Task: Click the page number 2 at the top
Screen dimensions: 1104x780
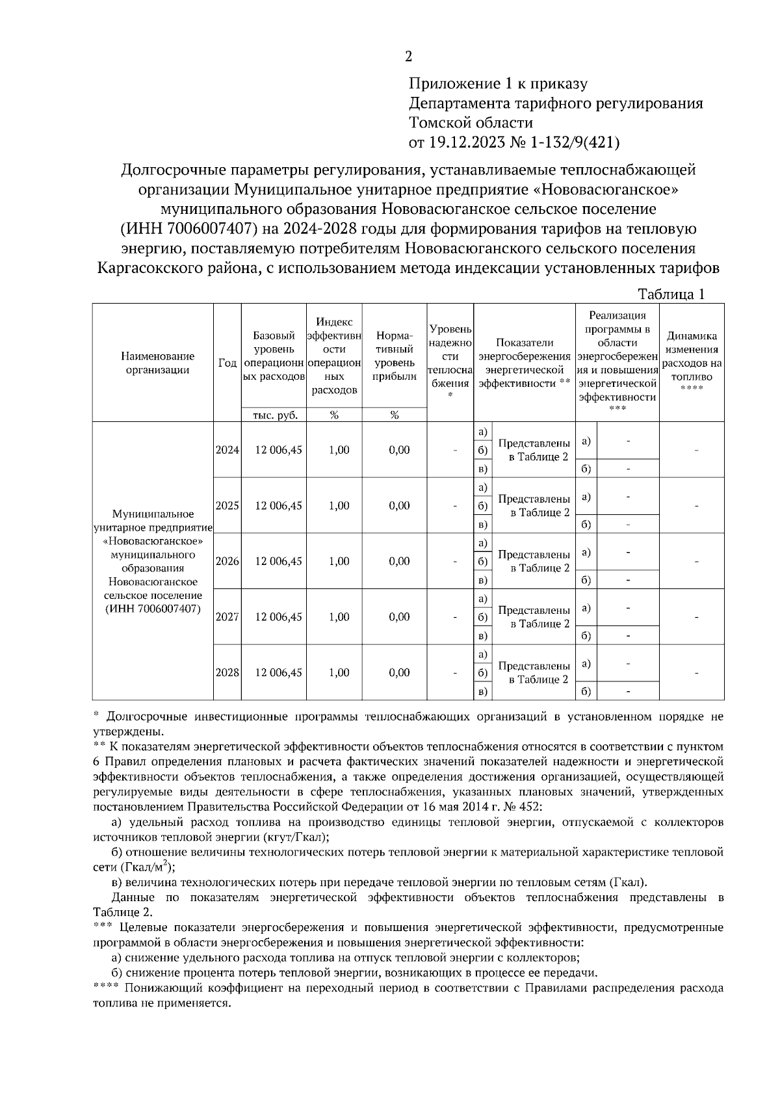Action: click(408, 57)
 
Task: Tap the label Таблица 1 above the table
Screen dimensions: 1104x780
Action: click(671, 295)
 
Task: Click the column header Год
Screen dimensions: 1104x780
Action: click(227, 363)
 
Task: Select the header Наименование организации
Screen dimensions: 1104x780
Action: click(157, 363)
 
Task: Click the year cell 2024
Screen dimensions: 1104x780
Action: click(227, 450)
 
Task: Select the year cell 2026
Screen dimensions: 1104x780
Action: click(227, 561)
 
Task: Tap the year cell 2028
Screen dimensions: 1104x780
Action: click(227, 673)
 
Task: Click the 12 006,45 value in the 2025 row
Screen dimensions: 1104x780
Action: click(278, 506)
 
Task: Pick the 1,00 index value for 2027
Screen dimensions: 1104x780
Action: click(339, 617)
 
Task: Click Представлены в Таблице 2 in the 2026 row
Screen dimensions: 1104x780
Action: click(534, 561)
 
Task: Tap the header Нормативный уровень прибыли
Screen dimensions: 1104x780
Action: click(394, 356)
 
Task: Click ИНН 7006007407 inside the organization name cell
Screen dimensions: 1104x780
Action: click(154, 609)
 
